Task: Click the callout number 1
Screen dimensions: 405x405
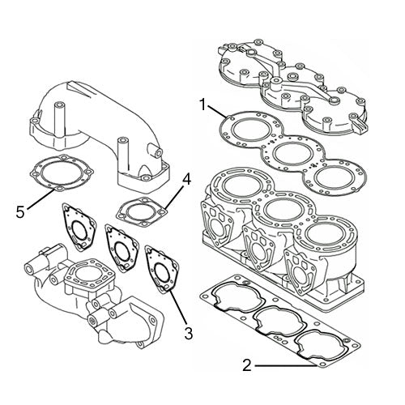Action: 205,104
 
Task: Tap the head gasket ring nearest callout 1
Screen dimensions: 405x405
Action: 245,128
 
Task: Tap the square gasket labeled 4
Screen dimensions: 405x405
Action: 139,209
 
